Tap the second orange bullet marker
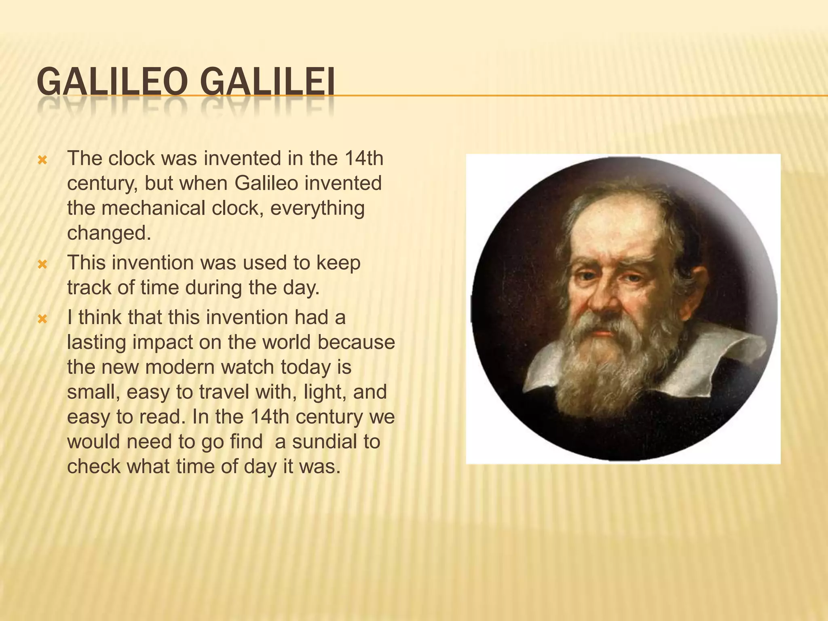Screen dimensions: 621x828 42,265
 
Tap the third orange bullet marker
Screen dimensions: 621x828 42,320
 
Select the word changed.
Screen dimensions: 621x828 108,233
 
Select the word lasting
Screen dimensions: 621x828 96,342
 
